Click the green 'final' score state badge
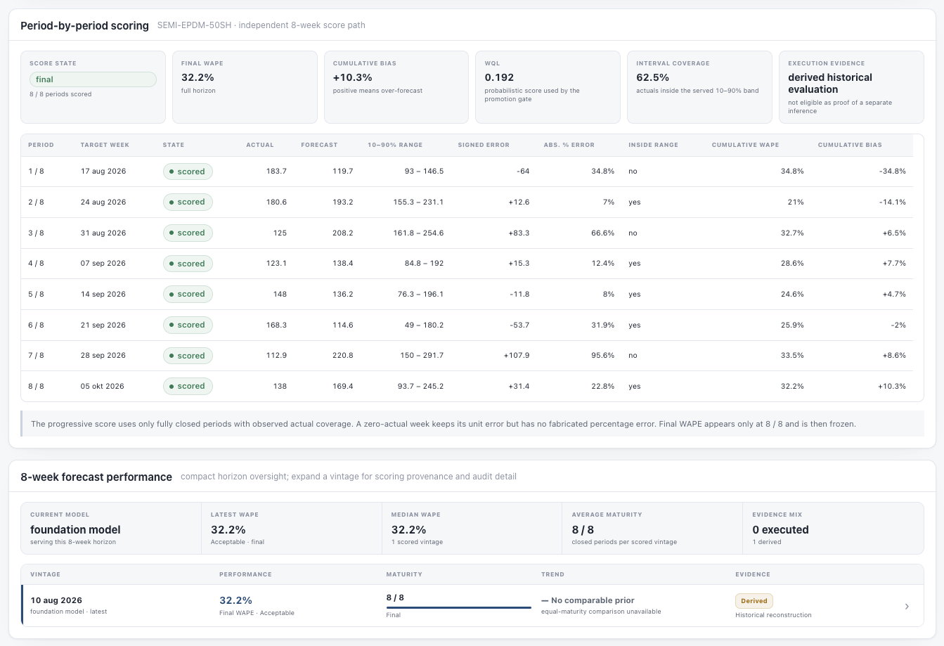(93, 79)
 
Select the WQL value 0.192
(499, 77)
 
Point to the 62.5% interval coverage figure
(652, 77)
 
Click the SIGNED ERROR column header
(484, 145)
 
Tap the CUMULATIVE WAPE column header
(745, 145)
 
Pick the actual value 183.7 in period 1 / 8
(276, 171)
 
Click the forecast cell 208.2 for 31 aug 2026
(342, 233)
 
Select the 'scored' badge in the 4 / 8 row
(188, 264)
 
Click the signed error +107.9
(516, 355)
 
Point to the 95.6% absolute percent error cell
(602, 355)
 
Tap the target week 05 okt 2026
(103, 386)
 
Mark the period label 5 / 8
(36, 294)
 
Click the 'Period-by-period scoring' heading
(85, 26)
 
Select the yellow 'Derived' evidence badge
(754, 601)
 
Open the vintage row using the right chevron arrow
(907, 607)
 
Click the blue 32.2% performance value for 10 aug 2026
(235, 600)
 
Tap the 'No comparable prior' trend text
(593, 600)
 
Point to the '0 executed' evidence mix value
(780, 530)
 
